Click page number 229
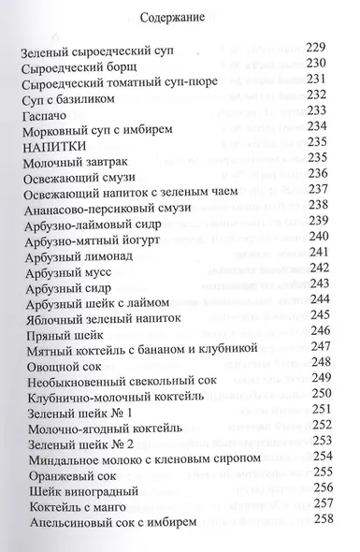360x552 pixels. pyautogui.click(x=320, y=47)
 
